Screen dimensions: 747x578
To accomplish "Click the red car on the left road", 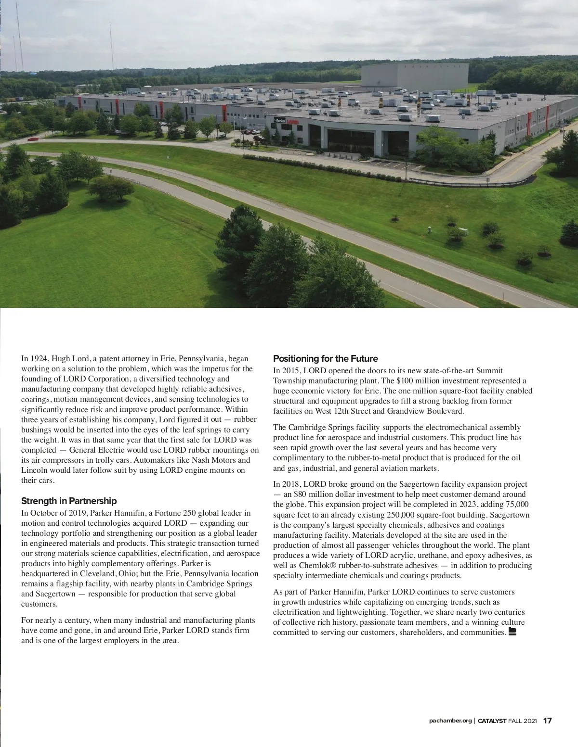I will pos(33,139).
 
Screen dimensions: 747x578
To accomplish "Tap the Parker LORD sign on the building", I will pos(286,122).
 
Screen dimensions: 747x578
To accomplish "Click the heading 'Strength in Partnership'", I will pos(69,501).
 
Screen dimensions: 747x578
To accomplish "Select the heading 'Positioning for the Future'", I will pos(325,358).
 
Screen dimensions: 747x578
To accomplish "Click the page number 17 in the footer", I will pos(548,721).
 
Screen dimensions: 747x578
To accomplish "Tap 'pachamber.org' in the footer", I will pos(450,721).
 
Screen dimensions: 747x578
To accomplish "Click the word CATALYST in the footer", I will pos(492,721).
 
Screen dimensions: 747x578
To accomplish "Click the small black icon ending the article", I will pos(512,632).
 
